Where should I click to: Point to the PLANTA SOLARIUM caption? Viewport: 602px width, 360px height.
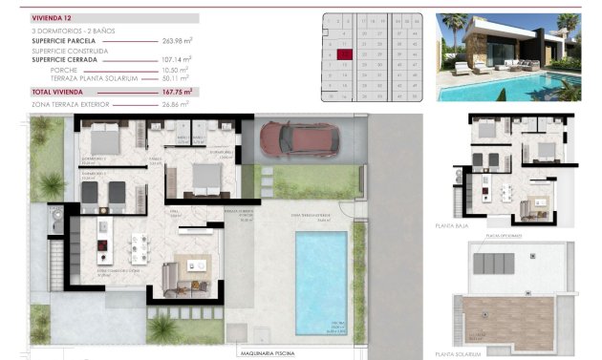click(491, 349)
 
